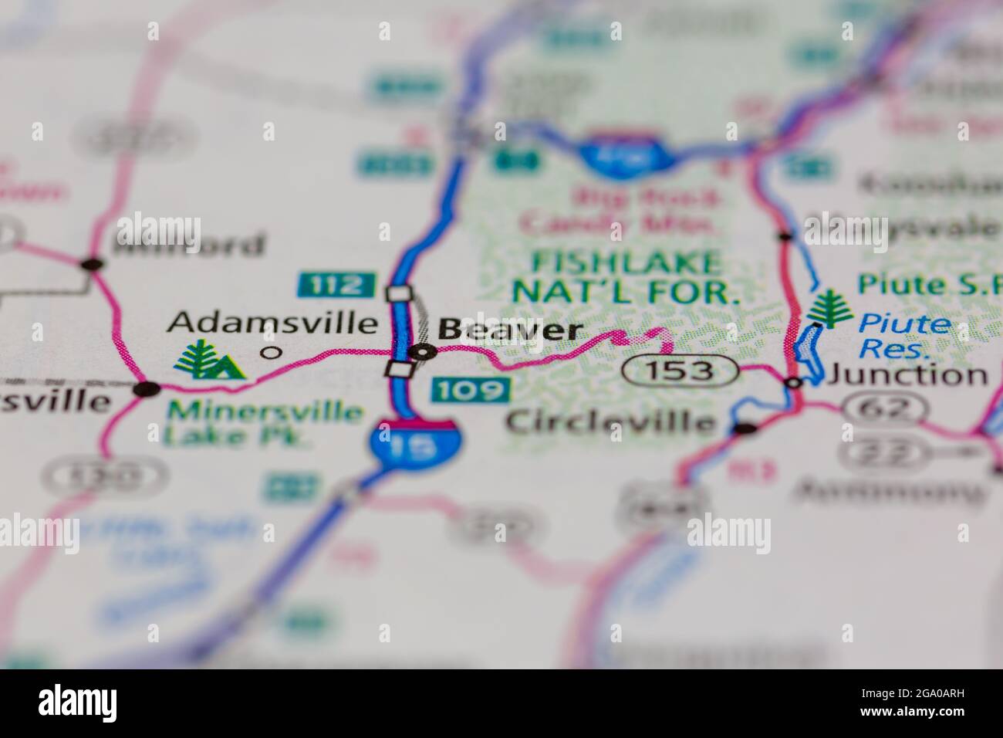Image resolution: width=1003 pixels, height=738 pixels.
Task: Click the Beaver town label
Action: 509,330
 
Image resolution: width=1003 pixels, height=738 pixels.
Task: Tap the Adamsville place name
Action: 274,322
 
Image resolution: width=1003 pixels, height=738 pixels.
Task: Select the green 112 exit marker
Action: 337,285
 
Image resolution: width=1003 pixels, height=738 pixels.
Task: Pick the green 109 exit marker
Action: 471,390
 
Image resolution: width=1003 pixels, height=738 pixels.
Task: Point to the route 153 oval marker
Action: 680,371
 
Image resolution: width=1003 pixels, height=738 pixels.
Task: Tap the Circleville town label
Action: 610,421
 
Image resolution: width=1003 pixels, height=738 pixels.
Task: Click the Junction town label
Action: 907,376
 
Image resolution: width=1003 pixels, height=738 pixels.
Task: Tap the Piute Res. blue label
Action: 905,336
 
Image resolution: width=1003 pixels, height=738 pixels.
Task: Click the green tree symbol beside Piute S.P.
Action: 831,306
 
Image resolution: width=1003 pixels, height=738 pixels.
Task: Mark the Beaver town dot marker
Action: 423,352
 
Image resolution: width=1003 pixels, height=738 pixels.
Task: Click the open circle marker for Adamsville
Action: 270,354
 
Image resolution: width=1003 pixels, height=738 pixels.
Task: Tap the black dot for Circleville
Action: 745,428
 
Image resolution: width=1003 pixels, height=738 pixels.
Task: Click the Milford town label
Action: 190,245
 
